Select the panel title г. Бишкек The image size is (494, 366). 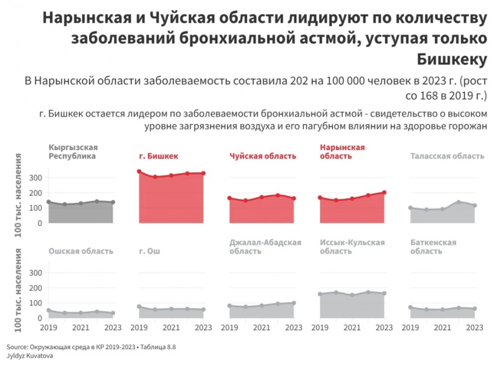pos(159,156)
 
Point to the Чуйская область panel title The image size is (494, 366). pos(263,156)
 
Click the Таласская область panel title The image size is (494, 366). pos(447,156)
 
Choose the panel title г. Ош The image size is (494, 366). pos(150,251)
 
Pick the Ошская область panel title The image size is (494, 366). pos(81,251)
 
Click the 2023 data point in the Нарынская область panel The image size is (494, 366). pos(384,193)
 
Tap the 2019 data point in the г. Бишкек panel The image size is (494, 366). pos(139,172)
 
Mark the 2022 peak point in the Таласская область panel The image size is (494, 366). pos(459,202)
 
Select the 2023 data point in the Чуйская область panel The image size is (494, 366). pos(294,198)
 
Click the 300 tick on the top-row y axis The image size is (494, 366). pos(35,177)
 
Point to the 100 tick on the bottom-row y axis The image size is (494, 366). pos(35,303)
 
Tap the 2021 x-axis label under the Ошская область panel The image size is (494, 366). pos(81,328)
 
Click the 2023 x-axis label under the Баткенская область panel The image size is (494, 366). pos(474,328)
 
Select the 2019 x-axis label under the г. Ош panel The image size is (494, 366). pos(139,328)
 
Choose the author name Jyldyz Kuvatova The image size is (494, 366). pos(30,354)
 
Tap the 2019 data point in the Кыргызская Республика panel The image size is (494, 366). pos(49,202)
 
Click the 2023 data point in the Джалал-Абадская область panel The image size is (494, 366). pos(294,303)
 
